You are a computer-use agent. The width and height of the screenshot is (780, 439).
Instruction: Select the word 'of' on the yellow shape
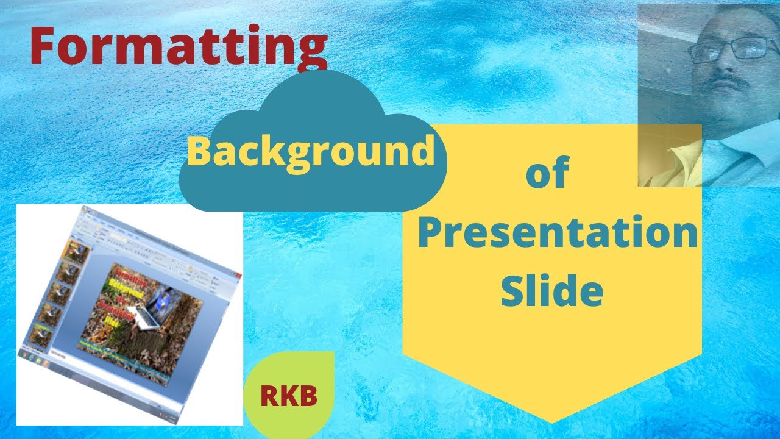pos(547,174)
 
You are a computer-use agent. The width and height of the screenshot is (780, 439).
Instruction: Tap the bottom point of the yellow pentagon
pos(552,421)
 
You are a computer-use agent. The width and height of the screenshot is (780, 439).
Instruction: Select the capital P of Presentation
pos(431,234)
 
